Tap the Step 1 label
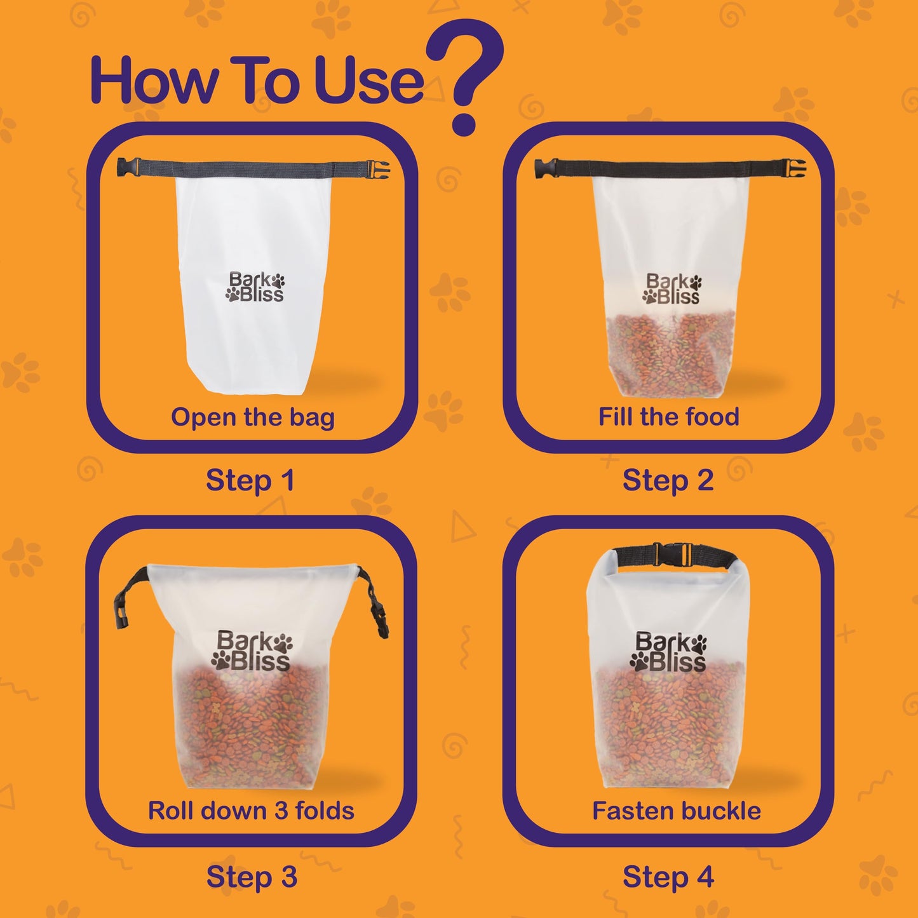coord(250,480)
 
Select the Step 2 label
coord(668,480)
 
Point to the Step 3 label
coord(252,876)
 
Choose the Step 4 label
coord(668,876)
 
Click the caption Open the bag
coord(252,417)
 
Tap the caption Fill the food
coord(668,416)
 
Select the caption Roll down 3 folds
coord(251,811)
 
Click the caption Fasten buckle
coord(677,811)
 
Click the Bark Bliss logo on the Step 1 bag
coord(255,287)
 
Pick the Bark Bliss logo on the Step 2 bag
coord(672,288)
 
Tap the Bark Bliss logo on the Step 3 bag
coord(251,651)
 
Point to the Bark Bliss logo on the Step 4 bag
coord(668,651)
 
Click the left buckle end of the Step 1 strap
coord(128,166)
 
